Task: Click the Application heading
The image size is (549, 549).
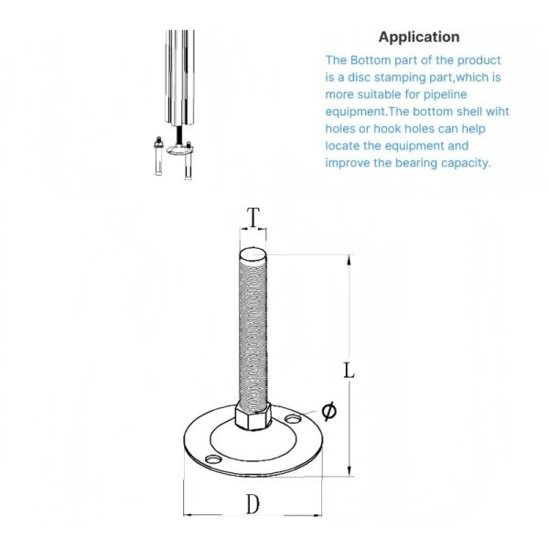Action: tap(419, 38)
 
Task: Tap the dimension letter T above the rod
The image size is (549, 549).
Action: tap(253, 218)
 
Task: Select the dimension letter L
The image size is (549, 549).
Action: tap(349, 371)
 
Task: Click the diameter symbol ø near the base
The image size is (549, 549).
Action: tap(328, 411)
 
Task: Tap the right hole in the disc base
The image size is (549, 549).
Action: tap(294, 420)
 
